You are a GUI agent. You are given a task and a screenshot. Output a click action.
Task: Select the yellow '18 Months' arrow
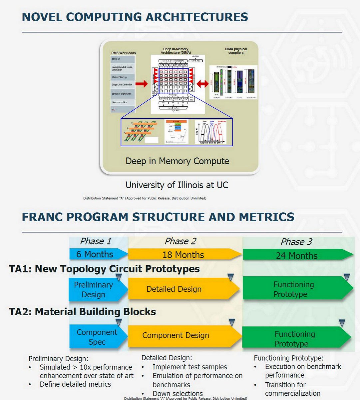pos(183,255)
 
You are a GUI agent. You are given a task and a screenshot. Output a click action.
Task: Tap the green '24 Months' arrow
pos(296,256)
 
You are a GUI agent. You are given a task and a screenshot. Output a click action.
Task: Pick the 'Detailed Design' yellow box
pos(180,289)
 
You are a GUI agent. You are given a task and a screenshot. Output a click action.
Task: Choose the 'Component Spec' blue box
pos(97,337)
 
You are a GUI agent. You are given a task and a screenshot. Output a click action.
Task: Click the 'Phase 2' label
pos(180,241)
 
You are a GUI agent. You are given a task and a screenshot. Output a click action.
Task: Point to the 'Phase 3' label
pos(296,242)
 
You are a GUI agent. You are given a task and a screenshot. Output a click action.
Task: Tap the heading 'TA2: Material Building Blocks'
pos(82,312)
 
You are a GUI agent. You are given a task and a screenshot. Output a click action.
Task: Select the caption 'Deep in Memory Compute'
pos(177,161)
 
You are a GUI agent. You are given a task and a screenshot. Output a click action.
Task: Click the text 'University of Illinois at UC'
pos(177,185)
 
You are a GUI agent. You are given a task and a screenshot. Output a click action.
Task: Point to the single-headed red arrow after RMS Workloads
pos(142,84)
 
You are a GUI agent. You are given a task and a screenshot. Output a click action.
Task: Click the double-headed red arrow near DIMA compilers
pos(202,84)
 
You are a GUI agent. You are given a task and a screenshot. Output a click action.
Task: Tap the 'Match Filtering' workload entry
pos(119,77)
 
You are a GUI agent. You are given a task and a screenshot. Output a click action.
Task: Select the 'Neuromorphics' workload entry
pos(119,102)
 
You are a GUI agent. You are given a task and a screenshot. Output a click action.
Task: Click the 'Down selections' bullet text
pos(178,393)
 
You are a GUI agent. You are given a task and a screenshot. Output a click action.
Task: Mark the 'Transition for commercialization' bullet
pos(292,389)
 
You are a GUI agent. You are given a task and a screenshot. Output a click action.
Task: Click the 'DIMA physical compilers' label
pos(236,51)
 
